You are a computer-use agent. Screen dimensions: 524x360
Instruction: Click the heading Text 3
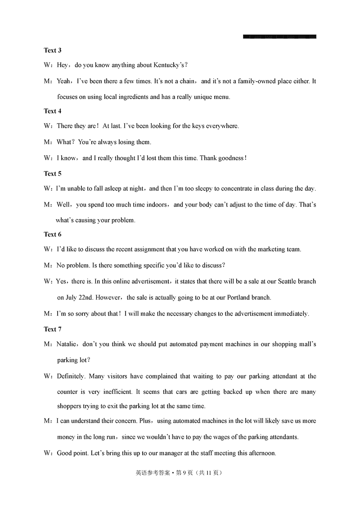[x=52, y=50]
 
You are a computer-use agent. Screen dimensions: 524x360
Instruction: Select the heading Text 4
[x=52, y=111]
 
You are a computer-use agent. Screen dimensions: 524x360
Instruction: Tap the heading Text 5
[x=52, y=173]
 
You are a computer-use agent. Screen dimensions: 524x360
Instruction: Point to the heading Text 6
[x=52, y=234]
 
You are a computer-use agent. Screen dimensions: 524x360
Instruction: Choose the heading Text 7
[x=52, y=329]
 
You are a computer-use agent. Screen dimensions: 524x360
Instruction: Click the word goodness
[x=229, y=158]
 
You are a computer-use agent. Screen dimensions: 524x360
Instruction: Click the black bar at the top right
[x=279, y=36]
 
